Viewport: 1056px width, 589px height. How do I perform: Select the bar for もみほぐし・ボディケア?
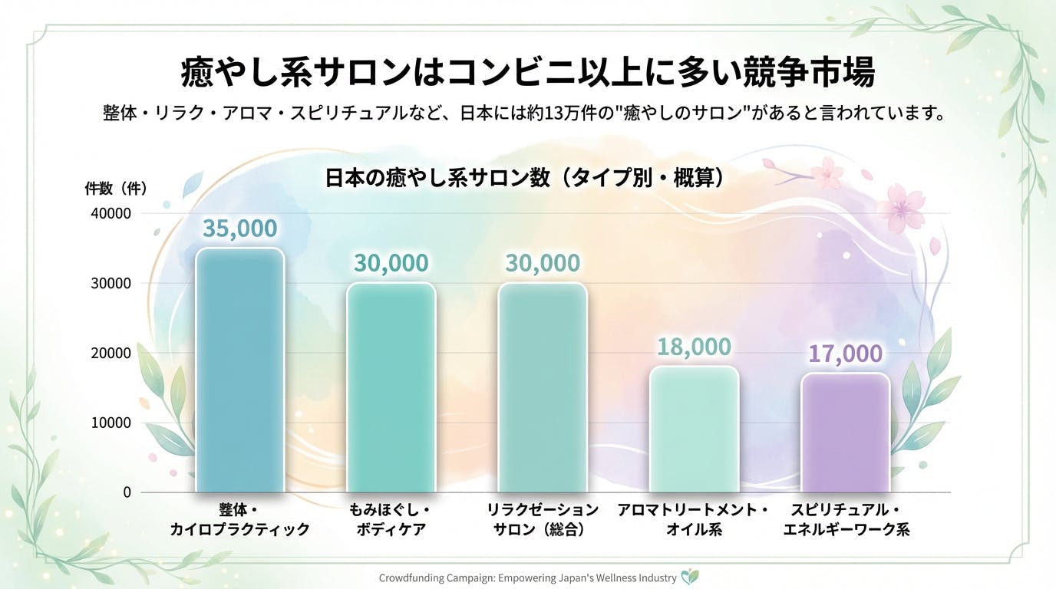click(391, 387)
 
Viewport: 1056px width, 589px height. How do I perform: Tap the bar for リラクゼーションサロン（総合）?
click(543, 387)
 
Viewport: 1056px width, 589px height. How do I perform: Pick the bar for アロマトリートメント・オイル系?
click(694, 429)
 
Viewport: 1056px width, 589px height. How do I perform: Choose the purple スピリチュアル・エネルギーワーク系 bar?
click(845, 433)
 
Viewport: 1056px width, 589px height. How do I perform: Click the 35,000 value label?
click(240, 229)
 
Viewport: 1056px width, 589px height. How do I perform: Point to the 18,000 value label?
click(694, 347)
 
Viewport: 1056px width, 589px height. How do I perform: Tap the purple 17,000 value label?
click(845, 354)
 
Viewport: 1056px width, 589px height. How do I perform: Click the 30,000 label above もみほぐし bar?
click(391, 263)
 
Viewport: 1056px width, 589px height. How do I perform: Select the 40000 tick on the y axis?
click(112, 213)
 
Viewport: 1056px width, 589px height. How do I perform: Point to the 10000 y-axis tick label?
click(112, 423)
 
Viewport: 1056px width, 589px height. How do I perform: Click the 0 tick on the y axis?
click(127, 492)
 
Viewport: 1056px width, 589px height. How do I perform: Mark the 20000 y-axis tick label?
click(112, 353)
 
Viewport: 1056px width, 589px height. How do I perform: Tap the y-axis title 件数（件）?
click(115, 187)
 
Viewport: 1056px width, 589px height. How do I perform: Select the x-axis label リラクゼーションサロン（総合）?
click(543, 520)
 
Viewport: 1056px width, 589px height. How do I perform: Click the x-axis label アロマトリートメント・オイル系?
click(693, 520)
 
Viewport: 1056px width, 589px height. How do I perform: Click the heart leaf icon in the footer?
click(690, 577)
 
